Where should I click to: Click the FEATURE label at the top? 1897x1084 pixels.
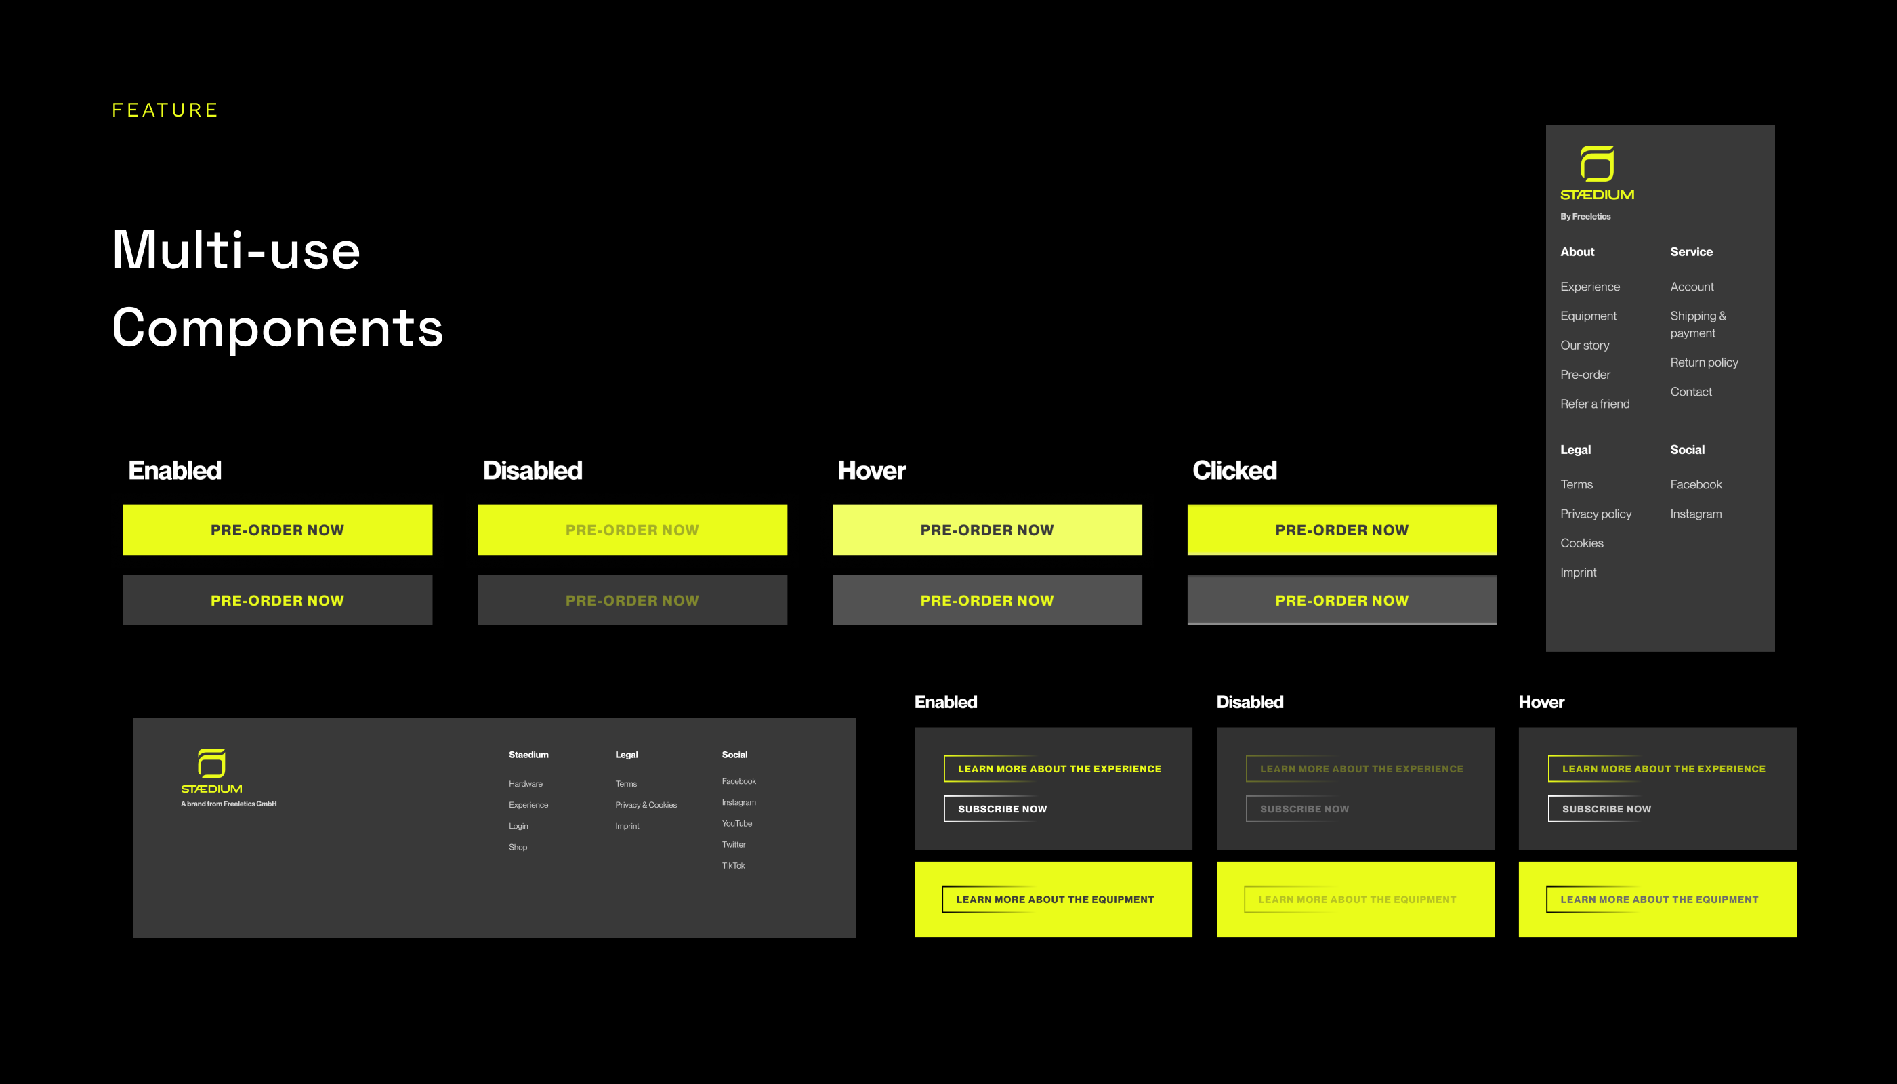165,110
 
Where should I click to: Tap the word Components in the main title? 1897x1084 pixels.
278,328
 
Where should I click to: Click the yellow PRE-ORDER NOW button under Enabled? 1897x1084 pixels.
277,530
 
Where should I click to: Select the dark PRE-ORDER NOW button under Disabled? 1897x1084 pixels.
632,600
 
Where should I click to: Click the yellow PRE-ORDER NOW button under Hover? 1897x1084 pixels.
986,530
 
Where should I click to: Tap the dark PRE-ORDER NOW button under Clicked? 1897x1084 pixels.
1341,600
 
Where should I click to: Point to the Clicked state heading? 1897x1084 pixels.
1234,471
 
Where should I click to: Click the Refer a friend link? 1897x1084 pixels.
1595,404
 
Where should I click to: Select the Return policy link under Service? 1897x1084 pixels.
1703,362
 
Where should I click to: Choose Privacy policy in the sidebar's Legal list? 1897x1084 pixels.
1596,514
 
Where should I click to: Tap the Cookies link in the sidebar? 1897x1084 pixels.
1581,543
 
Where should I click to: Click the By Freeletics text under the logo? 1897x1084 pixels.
1585,217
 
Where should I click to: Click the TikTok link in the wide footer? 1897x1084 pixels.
732,865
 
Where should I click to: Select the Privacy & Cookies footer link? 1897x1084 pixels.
646,805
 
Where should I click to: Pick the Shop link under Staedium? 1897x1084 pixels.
518,848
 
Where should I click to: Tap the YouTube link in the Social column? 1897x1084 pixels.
736,823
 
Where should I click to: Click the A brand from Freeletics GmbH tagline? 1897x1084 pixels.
228,804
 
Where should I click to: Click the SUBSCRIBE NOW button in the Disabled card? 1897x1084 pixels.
1304,808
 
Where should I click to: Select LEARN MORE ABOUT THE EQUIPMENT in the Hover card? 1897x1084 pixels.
1659,899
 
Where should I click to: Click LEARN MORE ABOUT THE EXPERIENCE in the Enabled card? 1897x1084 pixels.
1059,768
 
